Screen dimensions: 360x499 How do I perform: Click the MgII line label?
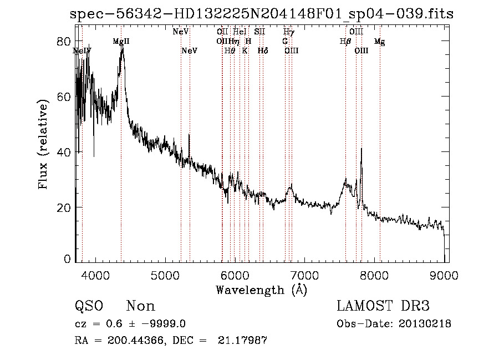121,42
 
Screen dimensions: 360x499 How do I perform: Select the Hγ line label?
288,32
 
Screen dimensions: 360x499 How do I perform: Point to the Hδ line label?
263,51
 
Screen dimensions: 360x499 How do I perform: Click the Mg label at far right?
379,42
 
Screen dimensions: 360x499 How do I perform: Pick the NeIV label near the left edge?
82,51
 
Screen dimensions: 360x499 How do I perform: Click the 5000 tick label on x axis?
165,275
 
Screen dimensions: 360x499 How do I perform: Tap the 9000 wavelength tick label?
444,275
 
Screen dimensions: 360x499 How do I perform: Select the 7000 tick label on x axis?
304,275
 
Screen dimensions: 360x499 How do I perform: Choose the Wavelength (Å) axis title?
261,290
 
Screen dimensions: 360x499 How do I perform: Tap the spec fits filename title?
261,14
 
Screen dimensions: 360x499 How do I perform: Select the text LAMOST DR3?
383,306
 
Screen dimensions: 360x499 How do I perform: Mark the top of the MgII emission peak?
123,48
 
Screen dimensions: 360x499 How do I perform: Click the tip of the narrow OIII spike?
361,148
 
